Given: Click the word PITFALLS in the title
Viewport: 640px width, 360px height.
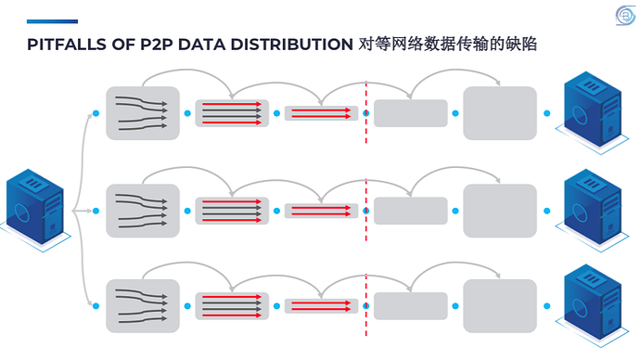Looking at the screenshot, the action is pos(67,45).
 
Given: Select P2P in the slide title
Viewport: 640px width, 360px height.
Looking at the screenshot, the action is pos(157,45).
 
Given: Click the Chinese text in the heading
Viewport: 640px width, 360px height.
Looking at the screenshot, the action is pos(448,45).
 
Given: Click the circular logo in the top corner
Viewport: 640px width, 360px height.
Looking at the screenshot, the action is pos(625,16).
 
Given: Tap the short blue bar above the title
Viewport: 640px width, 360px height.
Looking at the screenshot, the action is pos(52,21).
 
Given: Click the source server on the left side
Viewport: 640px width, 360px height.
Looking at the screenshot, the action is pos(35,211).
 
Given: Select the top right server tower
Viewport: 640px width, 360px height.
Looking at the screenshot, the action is pos(593,112).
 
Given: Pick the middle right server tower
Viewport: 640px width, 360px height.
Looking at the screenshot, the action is pos(593,211).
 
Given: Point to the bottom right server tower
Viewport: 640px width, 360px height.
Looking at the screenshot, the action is pos(593,305).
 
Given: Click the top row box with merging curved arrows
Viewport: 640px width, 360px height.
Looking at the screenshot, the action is pos(143,113).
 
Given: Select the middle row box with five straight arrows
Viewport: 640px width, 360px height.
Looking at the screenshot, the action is pos(232,211).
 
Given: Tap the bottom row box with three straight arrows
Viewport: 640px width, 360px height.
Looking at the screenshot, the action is pos(321,306).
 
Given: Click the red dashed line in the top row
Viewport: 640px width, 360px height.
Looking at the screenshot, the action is pos(366,112).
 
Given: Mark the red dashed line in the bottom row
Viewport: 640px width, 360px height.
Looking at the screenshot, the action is pos(366,305).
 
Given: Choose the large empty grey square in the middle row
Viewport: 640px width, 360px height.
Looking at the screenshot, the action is pos(500,211).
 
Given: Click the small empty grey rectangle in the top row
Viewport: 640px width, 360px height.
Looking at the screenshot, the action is pos(411,113).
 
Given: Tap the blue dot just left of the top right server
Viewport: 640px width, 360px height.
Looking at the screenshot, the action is pos(547,113).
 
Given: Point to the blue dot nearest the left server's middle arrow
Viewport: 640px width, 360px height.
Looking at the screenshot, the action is pos(96,211).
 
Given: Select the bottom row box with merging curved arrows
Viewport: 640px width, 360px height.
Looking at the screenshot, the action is pos(143,306).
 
